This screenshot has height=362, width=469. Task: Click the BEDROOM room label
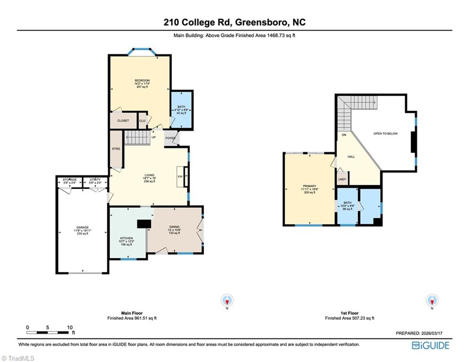pyautogui.click(x=140, y=81)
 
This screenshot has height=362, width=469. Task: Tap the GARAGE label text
pyautogui.click(x=82, y=228)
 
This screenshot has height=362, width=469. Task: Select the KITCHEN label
pyautogui.click(x=126, y=239)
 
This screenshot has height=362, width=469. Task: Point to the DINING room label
pyautogui.click(x=174, y=227)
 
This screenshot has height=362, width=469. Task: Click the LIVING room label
pyautogui.click(x=149, y=175)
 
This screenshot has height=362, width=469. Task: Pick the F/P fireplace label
pyautogui.click(x=180, y=177)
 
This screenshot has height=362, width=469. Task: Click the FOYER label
pyautogui.click(x=170, y=139)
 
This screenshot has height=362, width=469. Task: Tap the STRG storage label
pyautogui.click(x=116, y=148)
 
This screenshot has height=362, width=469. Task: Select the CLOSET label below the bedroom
pyautogui.click(x=123, y=121)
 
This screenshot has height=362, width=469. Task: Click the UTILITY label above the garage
pyautogui.click(x=95, y=180)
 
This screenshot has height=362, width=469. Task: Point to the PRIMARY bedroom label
pyautogui.click(x=309, y=186)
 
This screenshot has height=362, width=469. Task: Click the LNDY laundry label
pyautogui.click(x=342, y=179)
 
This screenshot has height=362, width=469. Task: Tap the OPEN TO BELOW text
pyautogui.click(x=386, y=133)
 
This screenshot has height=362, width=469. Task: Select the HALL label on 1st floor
pyautogui.click(x=351, y=156)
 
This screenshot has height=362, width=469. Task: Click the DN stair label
pyautogui.click(x=344, y=135)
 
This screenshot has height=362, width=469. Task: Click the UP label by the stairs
pyautogui.click(x=154, y=138)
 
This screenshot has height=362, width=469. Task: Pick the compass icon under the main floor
pyautogui.click(x=228, y=300)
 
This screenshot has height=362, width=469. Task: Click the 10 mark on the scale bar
pyautogui.click(x=69, y=327)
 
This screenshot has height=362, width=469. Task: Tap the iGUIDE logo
pyautogui.click(x=430, y=346)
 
